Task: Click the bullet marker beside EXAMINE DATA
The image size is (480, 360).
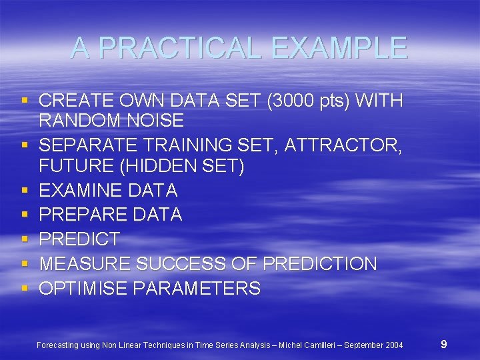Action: pos(25,191)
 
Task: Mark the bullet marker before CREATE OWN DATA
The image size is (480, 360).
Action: pos(25,101)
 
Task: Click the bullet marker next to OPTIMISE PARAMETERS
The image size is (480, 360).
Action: pos(25,289)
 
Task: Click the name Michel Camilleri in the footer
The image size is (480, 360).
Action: pos(308,345)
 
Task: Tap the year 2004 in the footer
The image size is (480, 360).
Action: pos(392,345)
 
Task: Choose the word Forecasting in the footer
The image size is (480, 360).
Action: pos(58,345)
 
